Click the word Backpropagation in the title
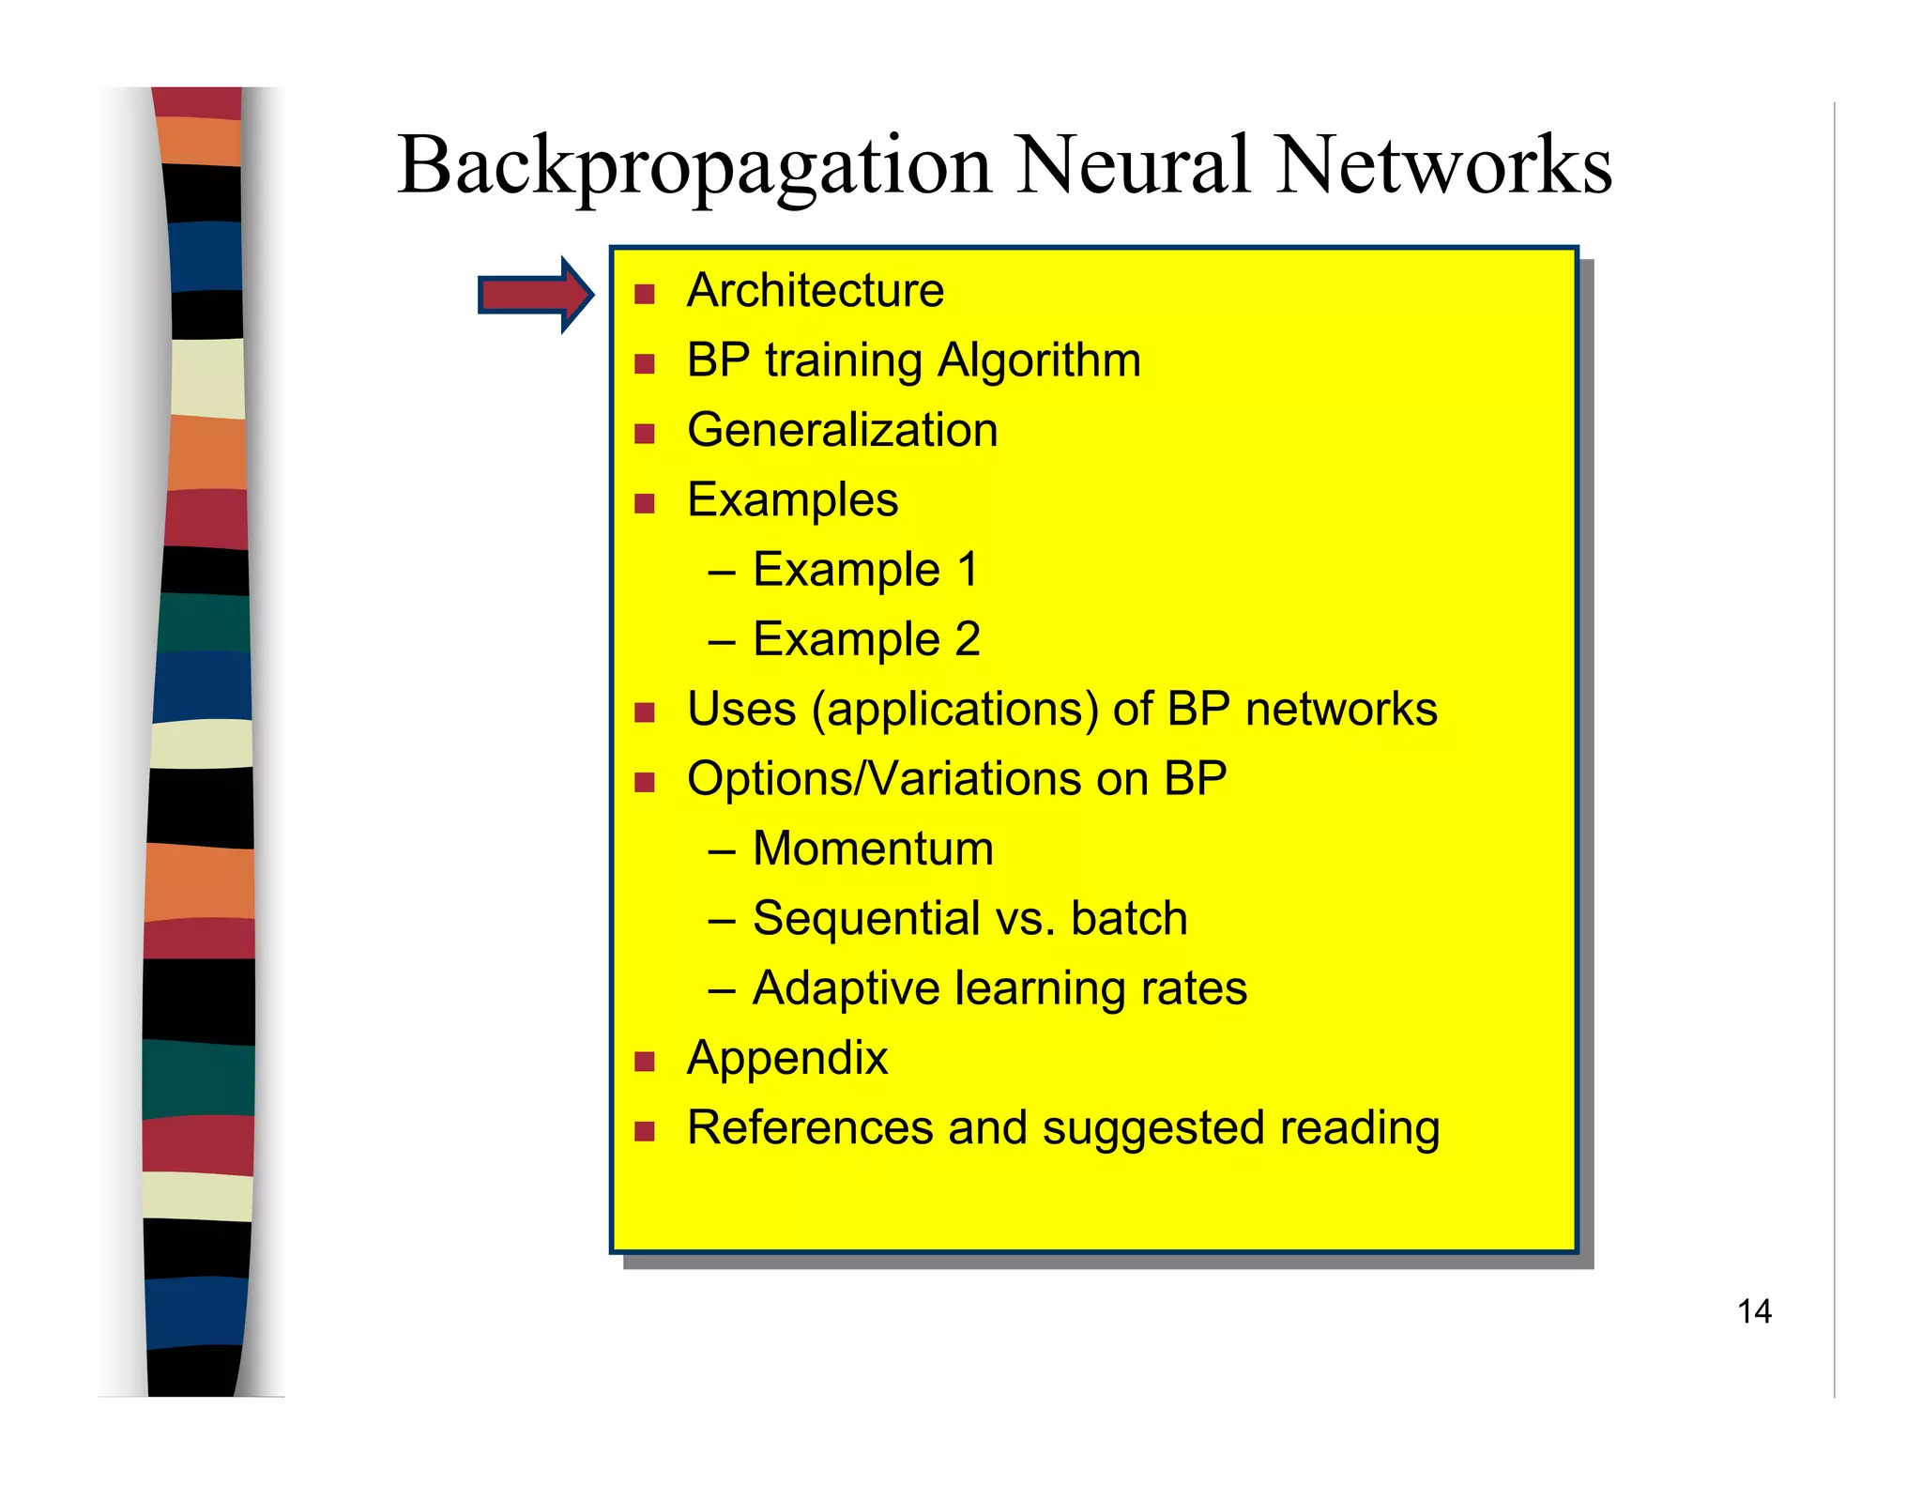coord(694,166)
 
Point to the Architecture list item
coord(815,290)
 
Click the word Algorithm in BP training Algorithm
coord(1039,360)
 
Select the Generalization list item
coord(842,430)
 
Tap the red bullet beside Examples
coord(644,504)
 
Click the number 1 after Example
coord(968,570)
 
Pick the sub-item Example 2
coord(865,639)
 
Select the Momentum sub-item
coord(872,849)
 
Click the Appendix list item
coord(786,1059)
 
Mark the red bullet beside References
coord(644,1131)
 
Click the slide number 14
coord(1753,1311)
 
